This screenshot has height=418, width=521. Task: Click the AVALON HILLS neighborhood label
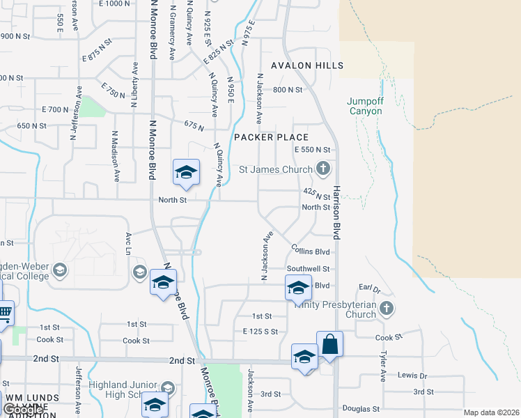click(313, 65)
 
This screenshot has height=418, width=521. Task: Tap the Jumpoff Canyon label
click(365, 106)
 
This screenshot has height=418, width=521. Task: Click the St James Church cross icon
click(322, 168)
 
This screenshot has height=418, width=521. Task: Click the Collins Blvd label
click(310, 251)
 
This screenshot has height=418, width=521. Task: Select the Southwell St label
click(308, 268)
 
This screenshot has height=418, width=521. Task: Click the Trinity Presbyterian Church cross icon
click(387, 308)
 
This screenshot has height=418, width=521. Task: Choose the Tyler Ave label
click(383, 366)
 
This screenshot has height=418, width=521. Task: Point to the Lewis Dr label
click(412, 375)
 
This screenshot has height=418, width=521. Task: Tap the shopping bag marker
click(329, 345)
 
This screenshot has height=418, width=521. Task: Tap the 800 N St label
click(288, 90)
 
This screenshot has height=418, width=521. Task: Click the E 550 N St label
click(311, 150)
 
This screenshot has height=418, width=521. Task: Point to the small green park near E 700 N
click(90, 107)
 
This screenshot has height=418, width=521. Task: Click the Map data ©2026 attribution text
click(490, 412)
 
